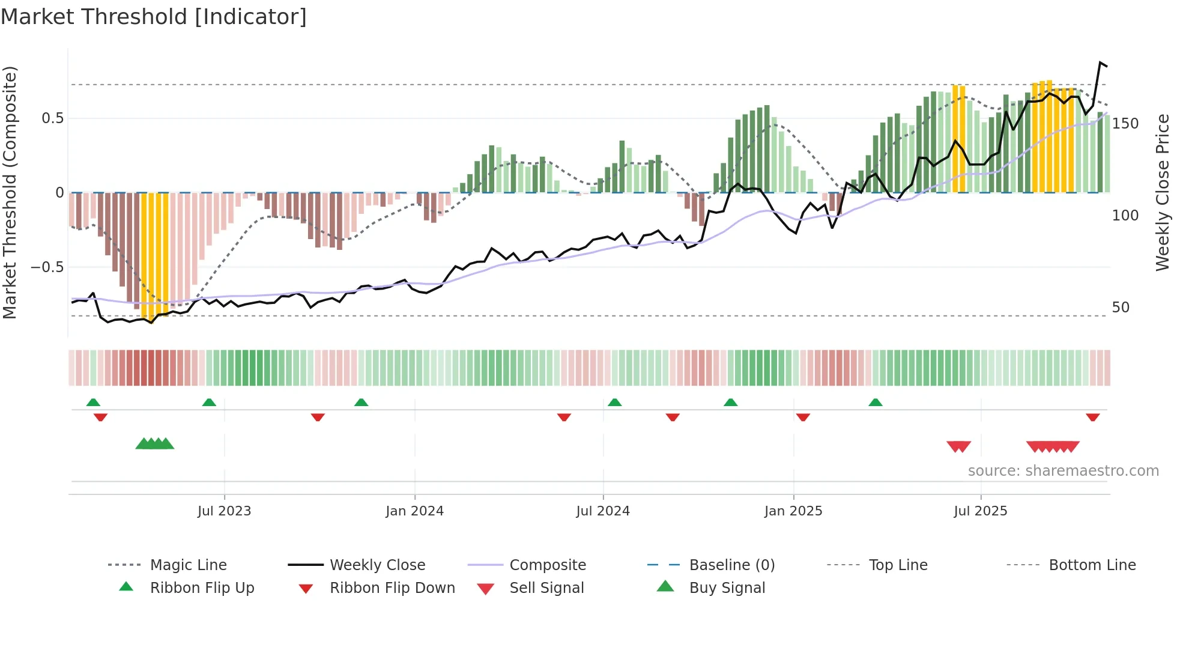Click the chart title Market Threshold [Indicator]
click(x=154, y=17)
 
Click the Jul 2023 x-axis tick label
click(x=224, y=511)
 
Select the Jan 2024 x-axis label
click(x=414, y=511)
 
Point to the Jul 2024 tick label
click(x=603, y=511)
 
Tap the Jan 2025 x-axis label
click(x=793, y=511)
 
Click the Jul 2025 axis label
click(x=981, y=511)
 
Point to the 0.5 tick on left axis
click(x=53, y=118)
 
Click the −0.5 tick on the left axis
click(x=47, y=267)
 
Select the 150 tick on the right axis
click(x=1125, y=124)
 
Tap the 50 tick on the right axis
click(x=1121, y=308)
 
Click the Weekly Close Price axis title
click(x=1163, y=192)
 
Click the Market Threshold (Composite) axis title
click(x=10, y=192)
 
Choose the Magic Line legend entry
click(x=188, y=565)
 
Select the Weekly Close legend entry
click(x=377, y=565)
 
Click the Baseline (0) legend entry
click(x=731, y=565)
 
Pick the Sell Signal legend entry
click(x=546, y=588)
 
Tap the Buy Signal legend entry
click(x=727, y=588)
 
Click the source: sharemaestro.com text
click(x=1063, y=471)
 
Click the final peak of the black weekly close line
click(x=1100, y=62)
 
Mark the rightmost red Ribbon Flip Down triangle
click(x=1092, y=417)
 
